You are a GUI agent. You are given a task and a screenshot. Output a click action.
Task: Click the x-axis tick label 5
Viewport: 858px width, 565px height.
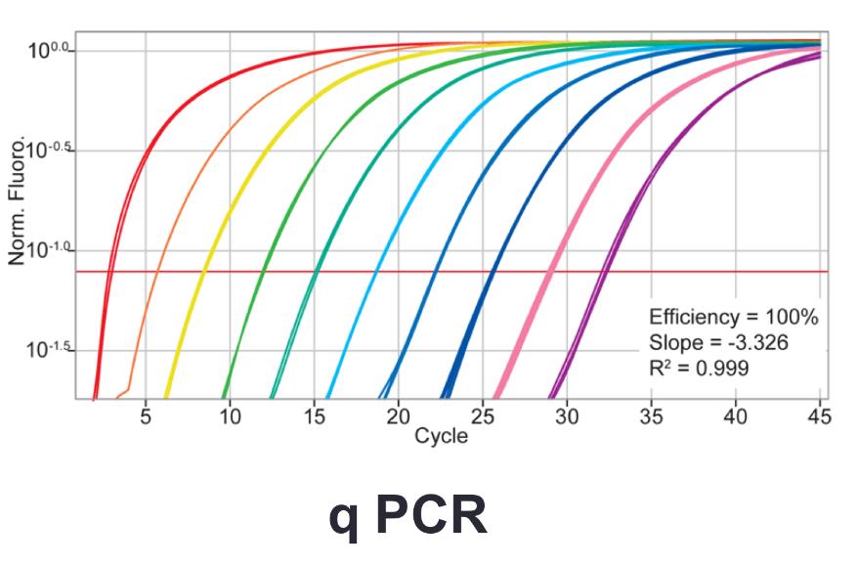pyautogui.click(x=146, y=417)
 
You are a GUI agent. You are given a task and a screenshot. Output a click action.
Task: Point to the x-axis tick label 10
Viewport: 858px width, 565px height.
pyautogui.click(x=230, y=417)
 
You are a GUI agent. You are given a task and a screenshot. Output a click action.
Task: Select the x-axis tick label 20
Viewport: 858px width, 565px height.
pyautogui.click(x=398, y=417)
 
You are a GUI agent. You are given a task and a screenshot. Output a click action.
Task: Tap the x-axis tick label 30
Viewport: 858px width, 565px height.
pyautogui.click(x=567, y=417)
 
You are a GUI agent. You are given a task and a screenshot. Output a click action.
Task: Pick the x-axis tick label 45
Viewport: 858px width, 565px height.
pyautogui.click(x=819, y=417)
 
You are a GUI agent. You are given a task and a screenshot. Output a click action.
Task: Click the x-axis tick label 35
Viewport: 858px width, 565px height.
pyautogui.click(x=651, y=417)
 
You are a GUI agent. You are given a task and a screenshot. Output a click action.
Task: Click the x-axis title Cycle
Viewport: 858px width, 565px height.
pyautogui.click(x=441, y=436)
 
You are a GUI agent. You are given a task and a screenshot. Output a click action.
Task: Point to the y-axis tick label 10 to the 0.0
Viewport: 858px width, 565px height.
pyautogui.click(x=49, y=49)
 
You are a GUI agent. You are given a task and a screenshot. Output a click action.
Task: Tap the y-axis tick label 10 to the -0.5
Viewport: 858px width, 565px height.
pyautogui.click(x=49, y=151)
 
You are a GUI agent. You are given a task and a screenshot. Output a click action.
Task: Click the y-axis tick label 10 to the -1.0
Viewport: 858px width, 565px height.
pyautogui.click(x=49, y=250)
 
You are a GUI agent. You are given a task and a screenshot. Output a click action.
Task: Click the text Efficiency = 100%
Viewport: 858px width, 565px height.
pyautogui.click(x=733, y=318)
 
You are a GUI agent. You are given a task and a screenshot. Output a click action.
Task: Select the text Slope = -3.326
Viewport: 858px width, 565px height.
pyautogui.click(x=718, y=343)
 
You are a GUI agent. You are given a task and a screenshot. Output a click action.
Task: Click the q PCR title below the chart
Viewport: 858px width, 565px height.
pyautogui.click(x=408, y=517)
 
